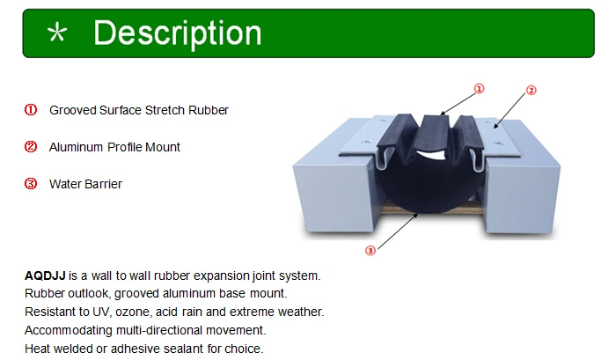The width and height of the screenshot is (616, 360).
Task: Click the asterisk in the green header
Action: click(57, 34)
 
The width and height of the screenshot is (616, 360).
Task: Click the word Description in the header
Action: click(177, 33)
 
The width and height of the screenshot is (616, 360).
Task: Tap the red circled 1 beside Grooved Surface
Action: click(30, 110)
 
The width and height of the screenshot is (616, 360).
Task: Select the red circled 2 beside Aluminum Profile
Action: click(30, 147)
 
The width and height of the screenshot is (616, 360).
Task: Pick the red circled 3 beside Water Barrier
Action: click(30, 184)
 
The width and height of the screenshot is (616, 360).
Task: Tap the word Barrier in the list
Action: click(103, 184)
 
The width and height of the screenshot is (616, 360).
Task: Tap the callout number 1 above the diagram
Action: click(480, 89)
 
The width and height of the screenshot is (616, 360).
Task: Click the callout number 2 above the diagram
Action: click(531, 90)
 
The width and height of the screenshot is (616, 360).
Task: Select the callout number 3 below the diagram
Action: click(370, 251)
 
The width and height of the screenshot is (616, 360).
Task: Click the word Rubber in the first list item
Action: click(211, 110)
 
